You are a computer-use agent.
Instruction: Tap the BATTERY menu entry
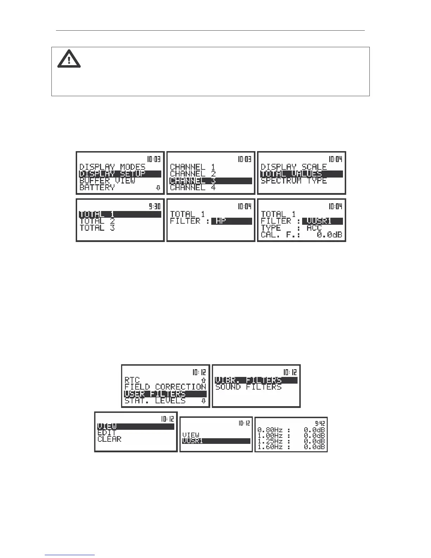(x=97, y=187)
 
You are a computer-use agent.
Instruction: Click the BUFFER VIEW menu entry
(x=107, y=181)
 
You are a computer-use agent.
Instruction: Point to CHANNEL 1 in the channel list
(x=193, y=167)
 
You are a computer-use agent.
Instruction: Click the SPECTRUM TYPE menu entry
(x=294, y=181)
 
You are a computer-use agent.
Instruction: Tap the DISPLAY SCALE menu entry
(x=294, y=167)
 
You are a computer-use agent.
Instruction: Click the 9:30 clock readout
(x=154, y=207)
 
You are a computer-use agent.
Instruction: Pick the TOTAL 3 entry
(x=97, y=228)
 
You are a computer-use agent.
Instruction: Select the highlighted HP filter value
(x=232, y=221)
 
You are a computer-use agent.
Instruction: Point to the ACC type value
(x=314, y=228)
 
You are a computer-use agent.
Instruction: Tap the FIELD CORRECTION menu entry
(x=165, y=387)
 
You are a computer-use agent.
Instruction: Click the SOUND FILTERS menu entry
(x=248, y=387)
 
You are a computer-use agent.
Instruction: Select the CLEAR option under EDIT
(x=109, y=439)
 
